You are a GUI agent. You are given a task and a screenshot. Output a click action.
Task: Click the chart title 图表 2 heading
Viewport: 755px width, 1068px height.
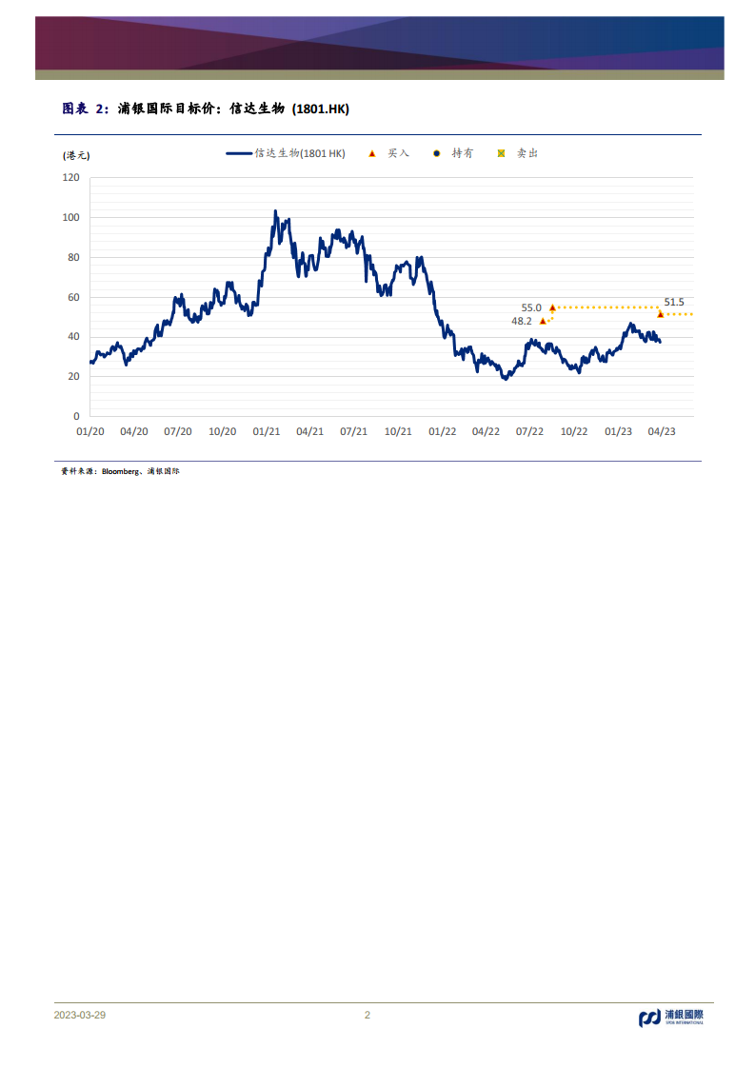(206, 109)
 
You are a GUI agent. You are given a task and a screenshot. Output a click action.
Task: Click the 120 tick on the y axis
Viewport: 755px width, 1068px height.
(70, 177)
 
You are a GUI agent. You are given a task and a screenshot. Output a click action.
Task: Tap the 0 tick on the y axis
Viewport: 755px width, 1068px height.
(76, 417)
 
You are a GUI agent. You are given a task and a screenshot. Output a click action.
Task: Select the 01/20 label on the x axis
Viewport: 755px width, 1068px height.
(89, 431)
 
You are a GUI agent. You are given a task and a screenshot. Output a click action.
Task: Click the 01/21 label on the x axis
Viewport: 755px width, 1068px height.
(266, 431)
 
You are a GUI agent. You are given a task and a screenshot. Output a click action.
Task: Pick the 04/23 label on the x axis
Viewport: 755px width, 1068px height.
(662, 431)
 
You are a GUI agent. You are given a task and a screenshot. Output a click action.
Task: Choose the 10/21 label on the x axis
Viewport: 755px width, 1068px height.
(398, 431)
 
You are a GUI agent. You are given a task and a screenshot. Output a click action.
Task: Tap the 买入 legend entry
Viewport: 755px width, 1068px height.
(389, 153)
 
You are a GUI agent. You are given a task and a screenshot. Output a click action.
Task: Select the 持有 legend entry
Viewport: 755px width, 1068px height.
(454, 153)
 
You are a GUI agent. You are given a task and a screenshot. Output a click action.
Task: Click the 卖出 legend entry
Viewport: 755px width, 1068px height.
(519, 153)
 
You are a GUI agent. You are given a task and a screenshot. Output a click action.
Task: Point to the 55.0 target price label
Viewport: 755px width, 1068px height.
(531, 307)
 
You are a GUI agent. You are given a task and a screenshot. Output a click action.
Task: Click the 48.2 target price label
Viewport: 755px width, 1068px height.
(522, 322)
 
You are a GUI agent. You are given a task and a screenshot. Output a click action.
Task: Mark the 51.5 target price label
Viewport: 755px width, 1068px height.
(674, 302)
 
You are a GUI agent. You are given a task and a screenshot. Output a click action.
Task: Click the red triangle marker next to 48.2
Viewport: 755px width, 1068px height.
(543, 321)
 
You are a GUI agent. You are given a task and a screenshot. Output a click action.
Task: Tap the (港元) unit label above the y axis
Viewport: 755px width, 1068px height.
(76, 154)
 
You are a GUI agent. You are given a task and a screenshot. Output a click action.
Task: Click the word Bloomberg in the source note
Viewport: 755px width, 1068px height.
(120, 471)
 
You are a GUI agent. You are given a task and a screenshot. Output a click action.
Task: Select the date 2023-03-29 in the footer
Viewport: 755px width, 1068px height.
(80, 1015)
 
